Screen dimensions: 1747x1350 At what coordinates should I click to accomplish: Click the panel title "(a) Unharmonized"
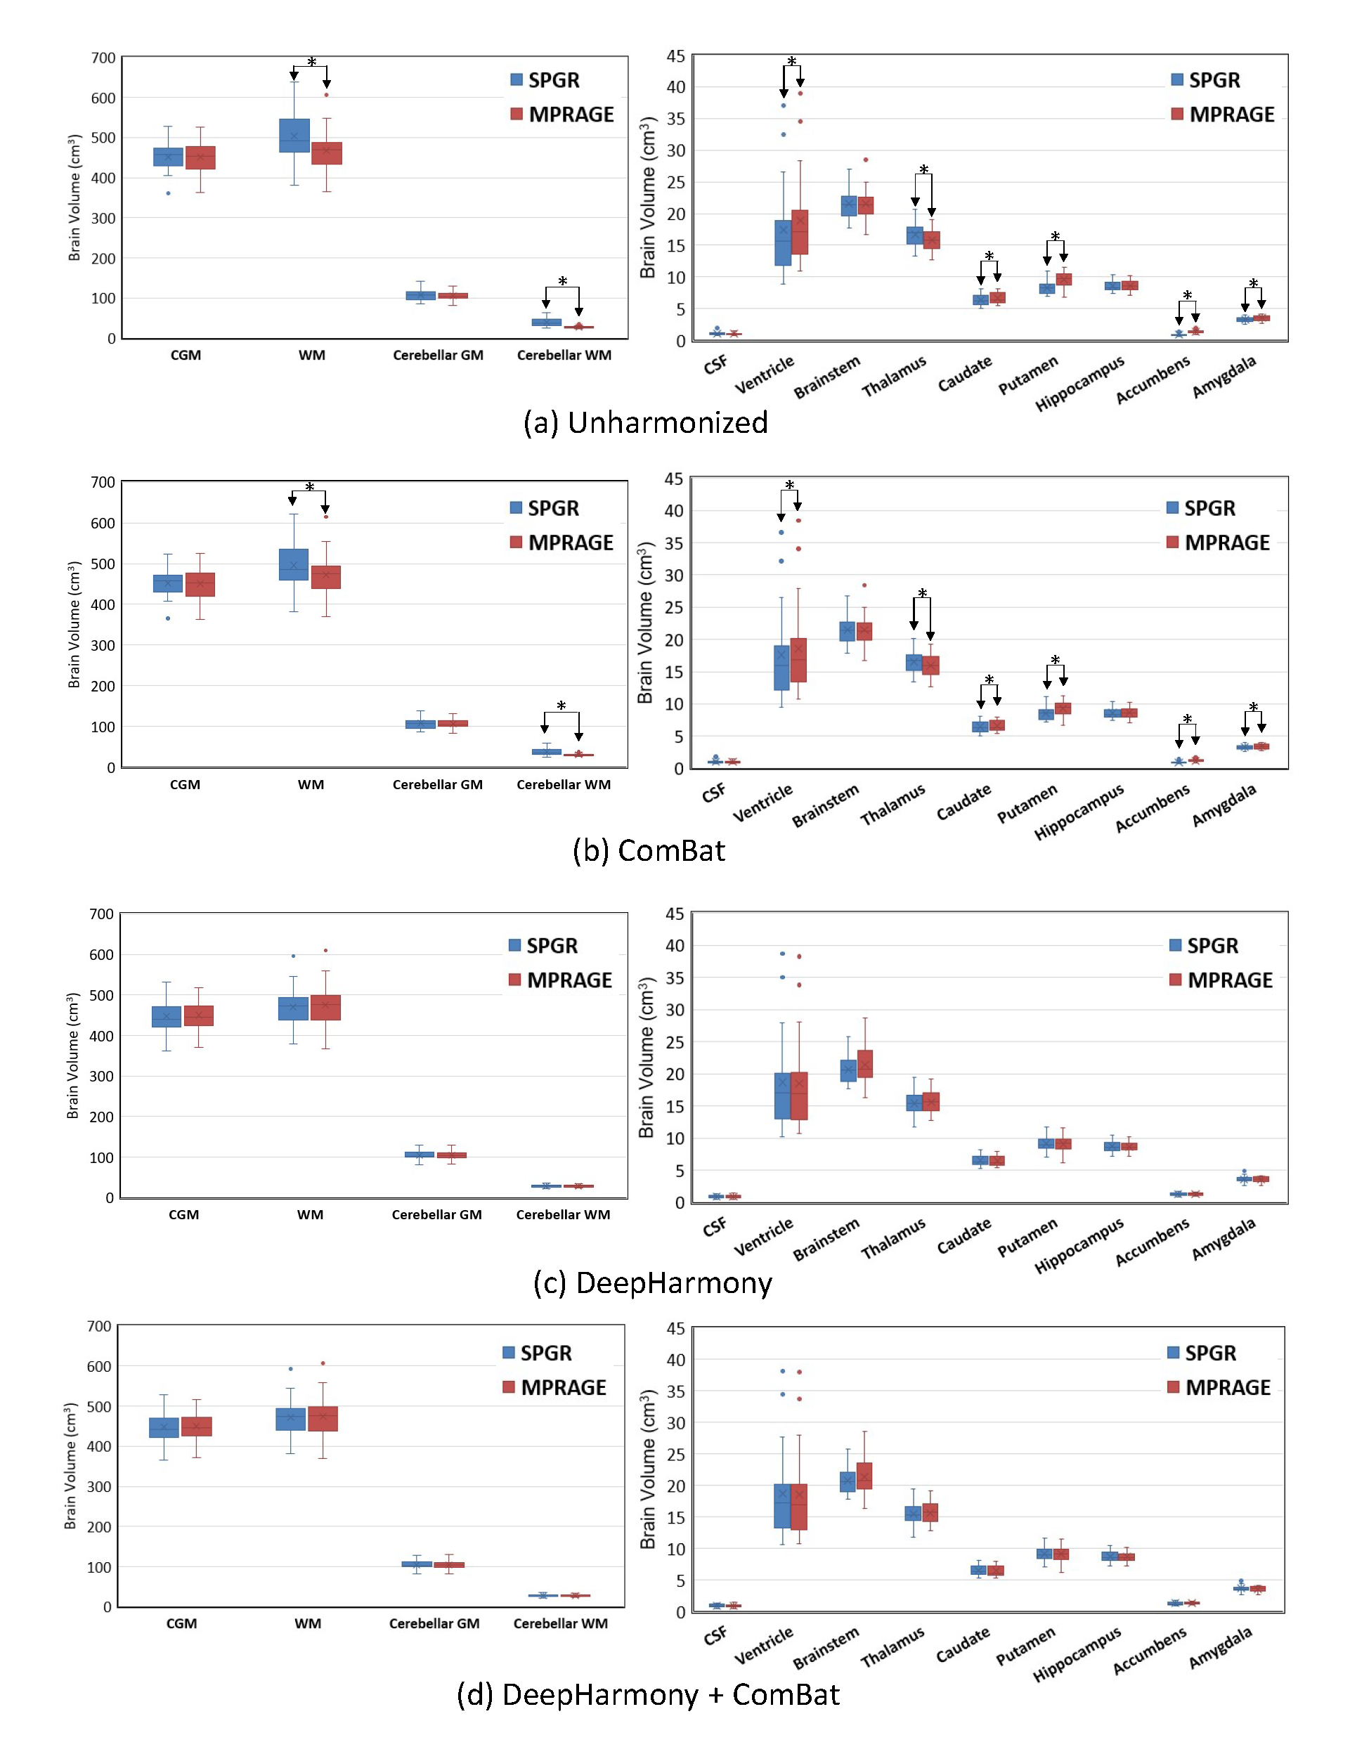[645, 422]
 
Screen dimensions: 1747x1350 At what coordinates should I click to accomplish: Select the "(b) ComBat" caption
[649, 850]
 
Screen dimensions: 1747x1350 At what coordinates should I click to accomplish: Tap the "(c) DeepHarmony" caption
[653, 1282]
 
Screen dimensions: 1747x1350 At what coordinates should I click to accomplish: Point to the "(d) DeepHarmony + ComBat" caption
[648, 1694]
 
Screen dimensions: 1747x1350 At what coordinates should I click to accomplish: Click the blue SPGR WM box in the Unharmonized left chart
[294, 135]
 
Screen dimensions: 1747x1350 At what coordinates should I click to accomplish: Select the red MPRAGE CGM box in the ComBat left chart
[200, 585]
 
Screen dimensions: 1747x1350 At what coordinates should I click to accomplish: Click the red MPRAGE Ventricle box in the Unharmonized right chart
[800, 232]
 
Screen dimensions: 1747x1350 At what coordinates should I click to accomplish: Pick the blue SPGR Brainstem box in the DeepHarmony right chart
[848, 1070]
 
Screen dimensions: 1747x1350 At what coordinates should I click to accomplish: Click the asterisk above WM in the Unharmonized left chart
[311, 63]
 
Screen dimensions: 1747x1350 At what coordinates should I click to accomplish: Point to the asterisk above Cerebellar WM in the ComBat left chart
[562, 706]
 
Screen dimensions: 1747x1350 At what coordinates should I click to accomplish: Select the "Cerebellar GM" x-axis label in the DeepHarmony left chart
[436, 1214]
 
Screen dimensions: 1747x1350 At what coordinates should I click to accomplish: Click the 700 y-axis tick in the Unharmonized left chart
[103, 58]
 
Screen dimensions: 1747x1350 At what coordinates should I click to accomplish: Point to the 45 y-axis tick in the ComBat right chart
[673, 479]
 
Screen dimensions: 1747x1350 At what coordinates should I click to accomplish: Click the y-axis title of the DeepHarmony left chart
[73, 1056]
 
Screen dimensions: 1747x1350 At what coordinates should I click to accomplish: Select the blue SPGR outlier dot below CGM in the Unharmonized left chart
[168, 193]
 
